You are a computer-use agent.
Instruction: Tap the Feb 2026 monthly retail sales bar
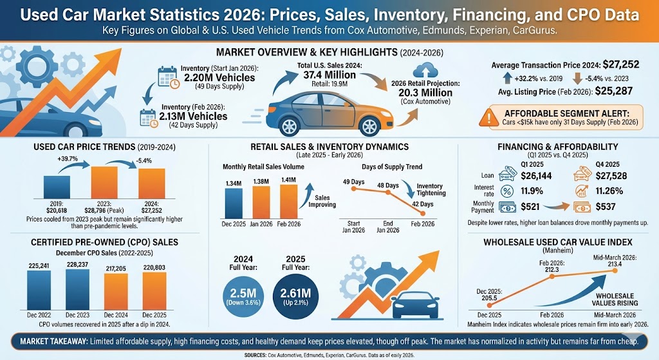(x=289, y=203)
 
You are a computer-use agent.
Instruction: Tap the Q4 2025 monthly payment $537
(x=604, y=207)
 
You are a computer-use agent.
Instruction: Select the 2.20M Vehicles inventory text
(x=218, y=78)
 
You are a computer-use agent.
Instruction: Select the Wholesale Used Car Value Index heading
(x=557, y=242)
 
